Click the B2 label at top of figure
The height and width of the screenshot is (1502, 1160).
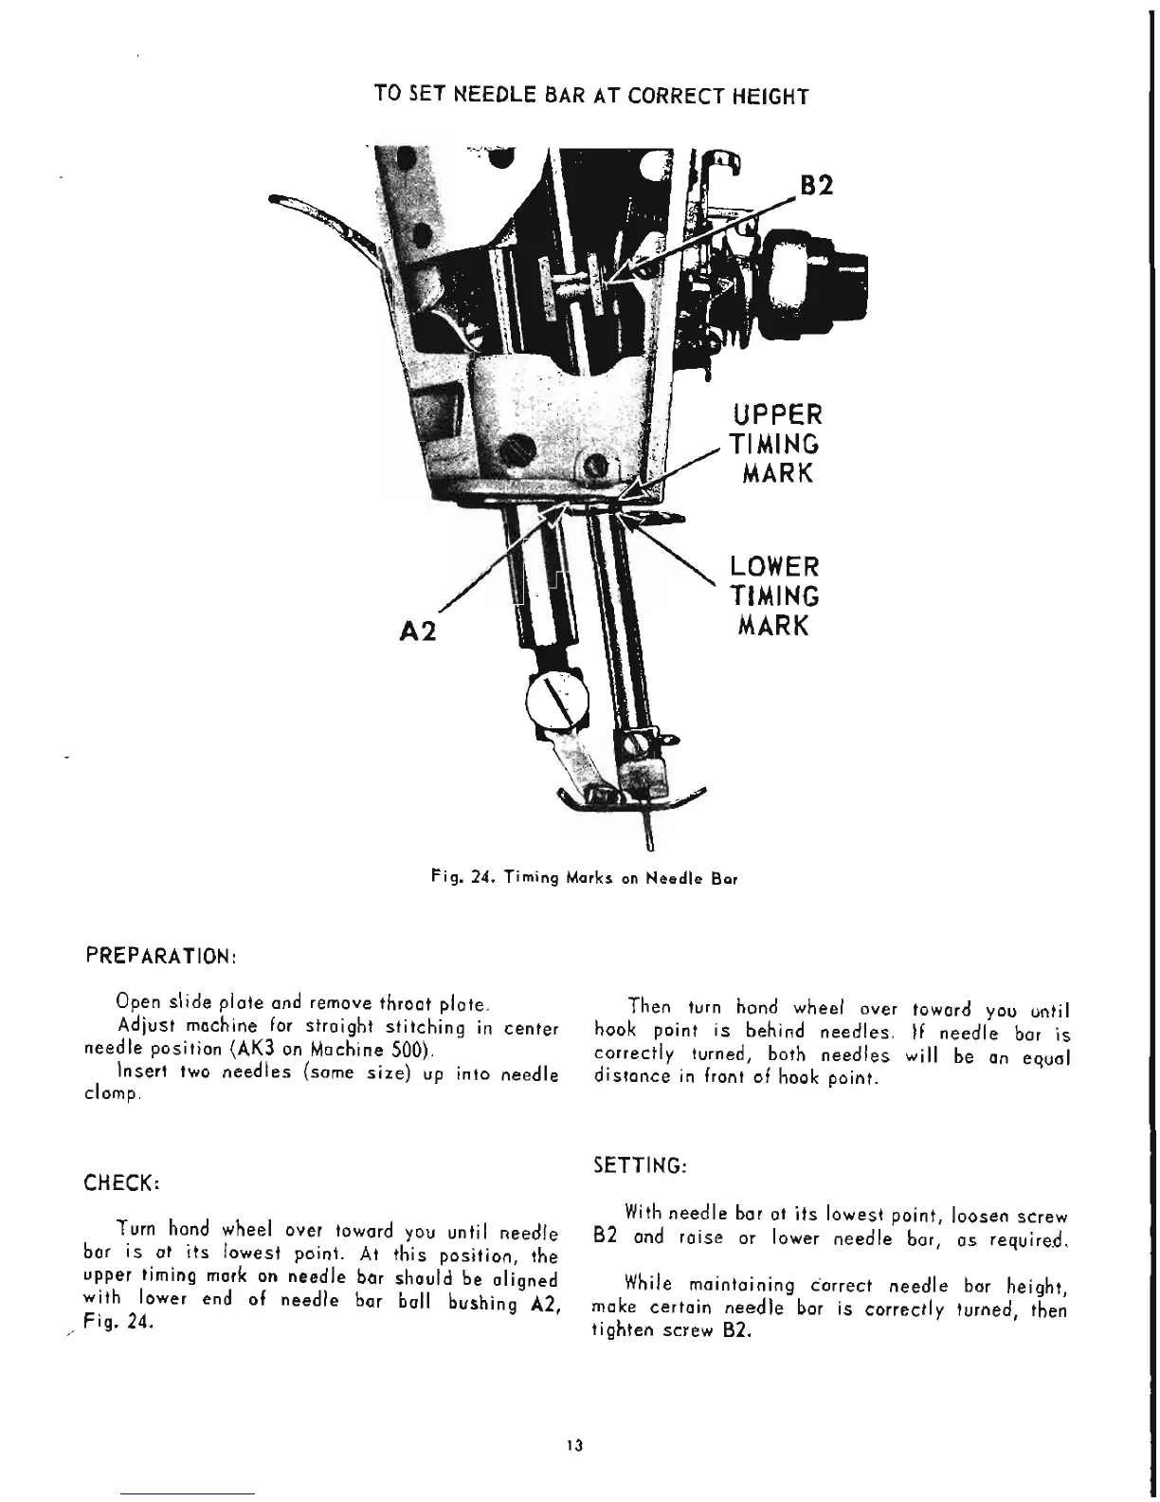coord(815,185)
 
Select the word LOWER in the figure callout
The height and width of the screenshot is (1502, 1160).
coord(773,567)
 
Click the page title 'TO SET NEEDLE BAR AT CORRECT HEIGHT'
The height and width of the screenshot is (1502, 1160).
coord(591,96)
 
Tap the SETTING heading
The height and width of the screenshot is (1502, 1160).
coord(639,1164)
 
